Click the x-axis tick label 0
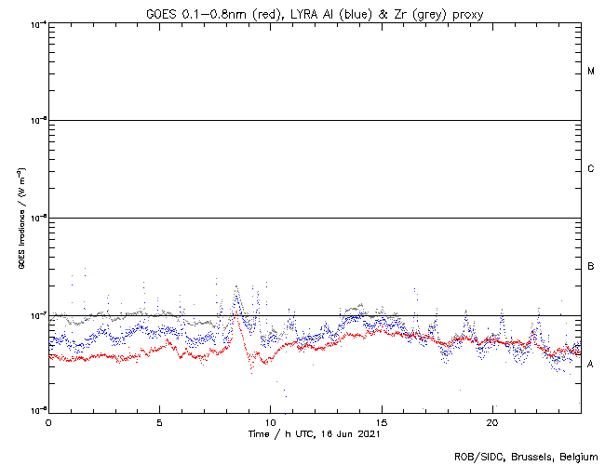click(x=48, y=422)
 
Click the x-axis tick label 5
click(x=159, y=422)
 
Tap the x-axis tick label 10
click(x=270, y=422)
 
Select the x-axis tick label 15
click(x=382, y=422)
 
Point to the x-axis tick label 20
click(x=492, y=422)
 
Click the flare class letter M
click(x=591, y=72)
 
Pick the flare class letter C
click(x=591, y=169)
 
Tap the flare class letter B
click(x=591, y=267)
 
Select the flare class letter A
click(x=591, y=365)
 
